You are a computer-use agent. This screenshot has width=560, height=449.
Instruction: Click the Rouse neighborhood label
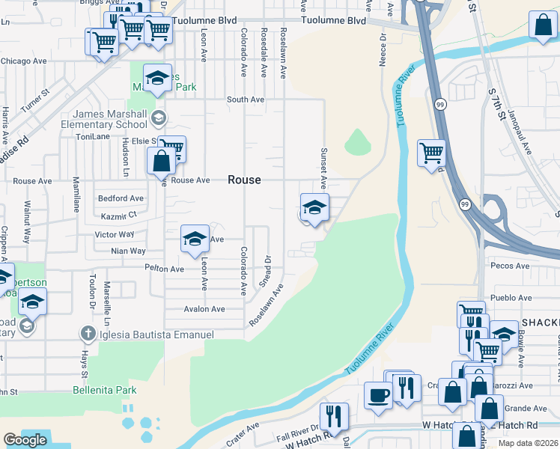click(x=245, y=180)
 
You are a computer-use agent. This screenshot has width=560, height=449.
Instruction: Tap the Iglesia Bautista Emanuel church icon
click(x=88, y=334)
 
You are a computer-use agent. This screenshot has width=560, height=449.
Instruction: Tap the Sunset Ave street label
click(x=324, y=168)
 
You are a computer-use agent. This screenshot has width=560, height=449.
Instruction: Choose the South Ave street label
click(x=246, y=99)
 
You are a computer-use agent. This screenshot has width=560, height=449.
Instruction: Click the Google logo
click(x=25, y=439)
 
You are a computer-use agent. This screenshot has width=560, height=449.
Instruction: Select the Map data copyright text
click(x=529, y=443)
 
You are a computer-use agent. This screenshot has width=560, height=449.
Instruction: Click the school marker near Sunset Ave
click(x=314, y=207)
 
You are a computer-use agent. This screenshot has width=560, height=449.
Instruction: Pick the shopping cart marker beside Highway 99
click(x=432, y=154)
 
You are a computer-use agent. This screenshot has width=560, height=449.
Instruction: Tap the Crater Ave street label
click(x=242, y=429)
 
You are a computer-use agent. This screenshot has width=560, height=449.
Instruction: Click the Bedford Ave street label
click(x=121, y=198)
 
